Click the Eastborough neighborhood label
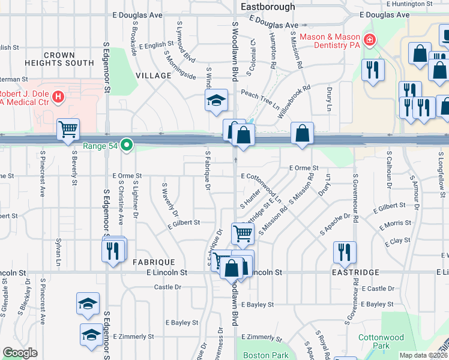[x=268, y=7]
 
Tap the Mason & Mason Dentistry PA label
[x=330, y=41]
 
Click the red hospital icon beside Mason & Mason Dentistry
[x=370, y=40]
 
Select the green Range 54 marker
[x=126, y=145]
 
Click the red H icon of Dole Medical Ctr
[x=58, y=96]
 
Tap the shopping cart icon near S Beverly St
[x=68, y=129]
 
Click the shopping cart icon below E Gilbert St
[x=243, y=232]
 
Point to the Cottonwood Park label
[x=381, y=341]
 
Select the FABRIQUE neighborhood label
[x=154, y=262]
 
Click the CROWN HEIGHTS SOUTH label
[x=59, y=59]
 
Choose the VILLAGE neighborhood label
[x=154, y=76]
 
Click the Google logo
[x=20, y=353]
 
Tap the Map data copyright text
[x=424, y=355]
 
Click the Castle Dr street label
[x=167, y=287]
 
